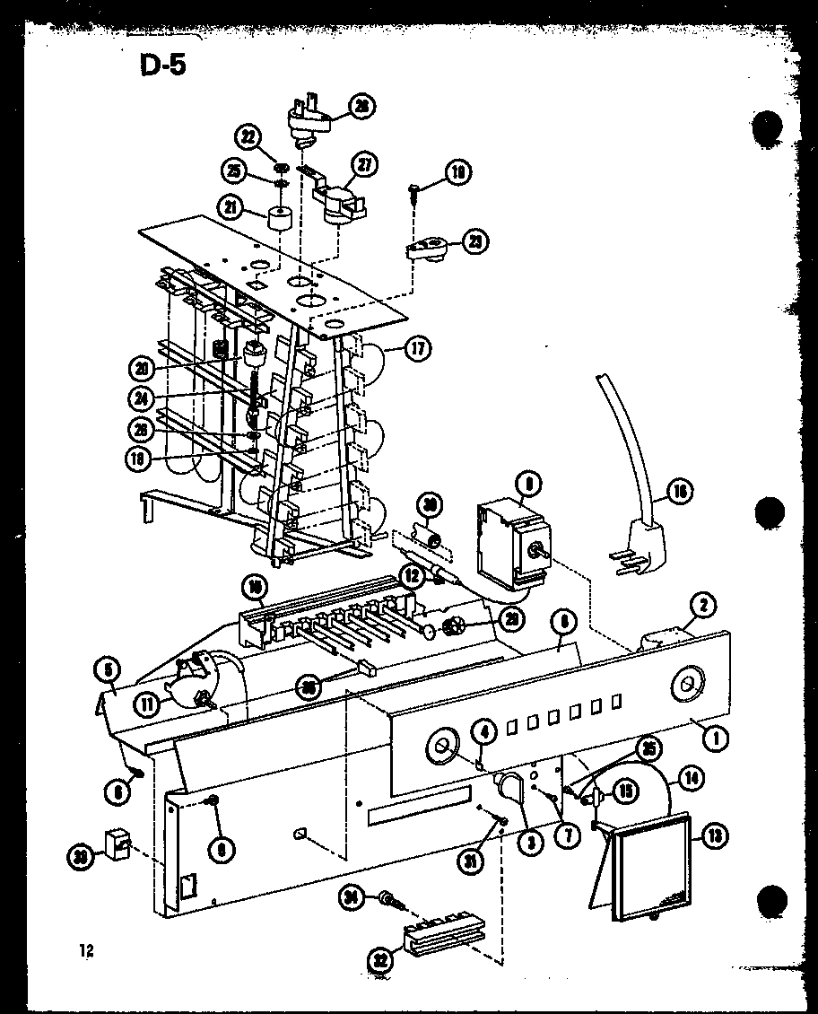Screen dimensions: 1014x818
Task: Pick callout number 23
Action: pyautogui.click(x=476, y=241)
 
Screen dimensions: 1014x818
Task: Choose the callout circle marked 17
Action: pyautogui.click(x=417, y=349)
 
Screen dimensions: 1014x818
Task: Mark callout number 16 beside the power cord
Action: pyautogui.click(x=681, y=491)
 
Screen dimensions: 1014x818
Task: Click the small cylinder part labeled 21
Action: pyautogui.click(x=281, y=217)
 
